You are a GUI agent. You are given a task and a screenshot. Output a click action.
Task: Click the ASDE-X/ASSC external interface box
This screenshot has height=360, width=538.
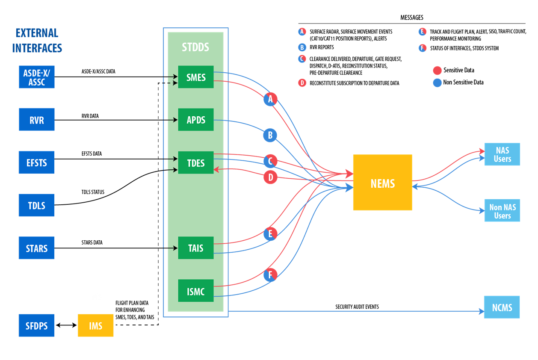pyautogui.click(x=36, y=77)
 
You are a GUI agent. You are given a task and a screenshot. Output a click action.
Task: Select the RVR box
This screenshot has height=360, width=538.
pyautogui.click(x=36, y=120)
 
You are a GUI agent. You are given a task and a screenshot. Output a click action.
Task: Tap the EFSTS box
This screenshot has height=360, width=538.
pyautogui.click(x=36, y=163)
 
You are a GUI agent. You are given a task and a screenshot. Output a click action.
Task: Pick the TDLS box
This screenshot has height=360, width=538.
pyautogui.click(x=36, y=206)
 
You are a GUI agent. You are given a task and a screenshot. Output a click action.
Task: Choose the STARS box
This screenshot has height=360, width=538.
pyautogui.click(x=36, y=248)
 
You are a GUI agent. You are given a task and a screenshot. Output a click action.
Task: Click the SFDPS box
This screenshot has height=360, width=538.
pyautogui.click(x=36, y=326)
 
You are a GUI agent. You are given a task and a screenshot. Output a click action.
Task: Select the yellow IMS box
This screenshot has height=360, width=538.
pyautogui.click(x=95, y=326)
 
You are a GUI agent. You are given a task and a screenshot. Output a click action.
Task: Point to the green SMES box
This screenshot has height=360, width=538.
pyautogui.click(x=196, y=77)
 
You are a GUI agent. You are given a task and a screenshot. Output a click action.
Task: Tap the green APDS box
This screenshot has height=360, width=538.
pyautogui.click(x=196, y=120)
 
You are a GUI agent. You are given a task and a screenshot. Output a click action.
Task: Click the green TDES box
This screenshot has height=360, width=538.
pyautogui.click(x=196, y=163)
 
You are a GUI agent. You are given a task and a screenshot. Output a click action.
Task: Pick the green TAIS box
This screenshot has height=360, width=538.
pyautogui.click(x=196, y=248)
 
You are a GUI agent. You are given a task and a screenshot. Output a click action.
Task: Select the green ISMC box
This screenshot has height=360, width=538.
pyautogui.click(x=196, y=291)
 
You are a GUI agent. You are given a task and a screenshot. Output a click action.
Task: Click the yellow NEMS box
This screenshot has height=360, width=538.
pyautogui.click(x=382, y=183)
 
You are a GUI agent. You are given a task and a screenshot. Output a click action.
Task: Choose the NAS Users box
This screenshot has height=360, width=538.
pyautogui.click(x=502, y=154)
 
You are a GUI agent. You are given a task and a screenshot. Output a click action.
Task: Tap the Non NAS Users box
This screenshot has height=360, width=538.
pyautogui.click(x=502, y=211)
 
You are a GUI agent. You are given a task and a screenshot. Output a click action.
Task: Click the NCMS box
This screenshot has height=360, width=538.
pyautogui.click(x=502, y=307)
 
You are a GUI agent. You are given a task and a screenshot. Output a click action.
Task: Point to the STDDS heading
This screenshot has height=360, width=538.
pyautogui.click(x=195, y=47)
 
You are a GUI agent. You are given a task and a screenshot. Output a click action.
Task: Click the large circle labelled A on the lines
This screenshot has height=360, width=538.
pyautogui.click(x=270, y=100)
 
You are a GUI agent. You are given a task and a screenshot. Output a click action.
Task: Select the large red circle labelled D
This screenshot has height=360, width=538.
pyautogui.click(x=270, y=177)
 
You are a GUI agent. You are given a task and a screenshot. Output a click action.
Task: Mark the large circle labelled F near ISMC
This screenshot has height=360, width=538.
pyautogui.click(x=270, y=274)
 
